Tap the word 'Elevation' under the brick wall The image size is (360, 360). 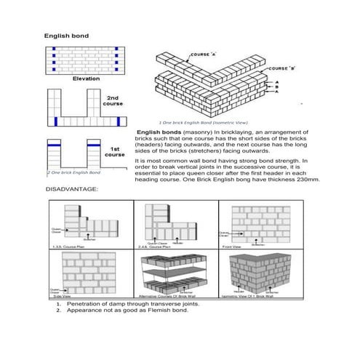(x=86, y=79)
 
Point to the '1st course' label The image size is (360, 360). (x=114, y=151)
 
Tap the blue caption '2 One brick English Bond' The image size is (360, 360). (x=73, y=172)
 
